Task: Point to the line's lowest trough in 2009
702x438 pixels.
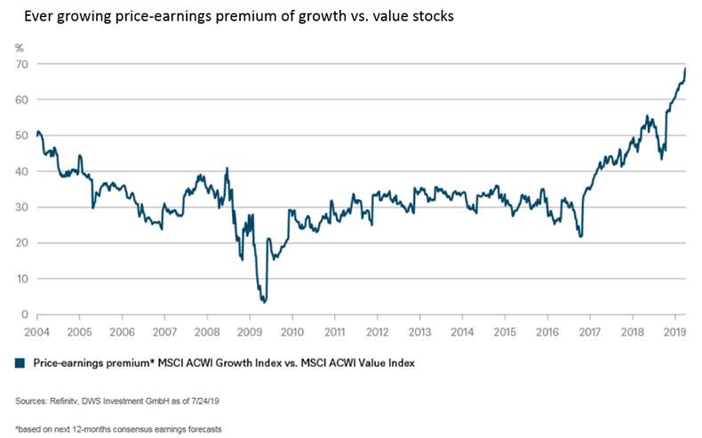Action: click(x=264, y=302)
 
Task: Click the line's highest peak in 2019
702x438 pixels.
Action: click(x=685, y=68)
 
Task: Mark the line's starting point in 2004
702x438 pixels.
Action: click(x=37, y=133)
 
